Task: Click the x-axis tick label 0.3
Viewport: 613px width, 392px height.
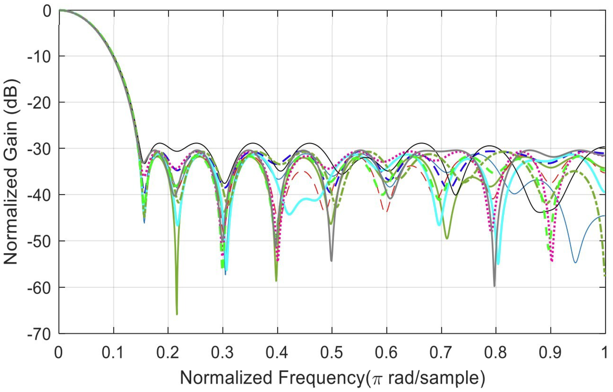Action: [x=222, y=352]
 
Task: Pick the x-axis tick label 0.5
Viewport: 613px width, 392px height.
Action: [x=331, y=352]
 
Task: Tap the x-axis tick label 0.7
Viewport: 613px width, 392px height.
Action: [x=441, y=352]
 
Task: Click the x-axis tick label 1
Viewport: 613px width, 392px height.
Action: [x=604, y=352]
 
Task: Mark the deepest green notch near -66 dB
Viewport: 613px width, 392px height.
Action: [x=177, y=314]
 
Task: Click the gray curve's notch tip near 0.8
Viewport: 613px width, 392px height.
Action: [x=495, y=286]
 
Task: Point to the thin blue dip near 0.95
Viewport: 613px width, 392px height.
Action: [x=575, y=262]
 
